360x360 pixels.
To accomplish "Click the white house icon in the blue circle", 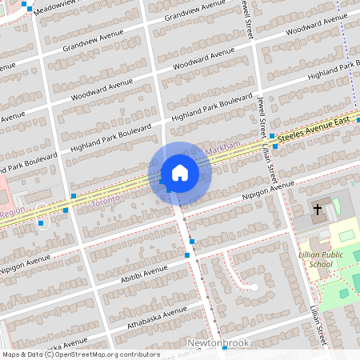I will (x=180, y=173).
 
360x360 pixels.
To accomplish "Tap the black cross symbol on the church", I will (x=317, y=210).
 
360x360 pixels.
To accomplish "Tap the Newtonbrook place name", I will (x=218, y=343).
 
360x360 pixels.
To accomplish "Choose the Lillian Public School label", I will (x=321, y=258).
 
